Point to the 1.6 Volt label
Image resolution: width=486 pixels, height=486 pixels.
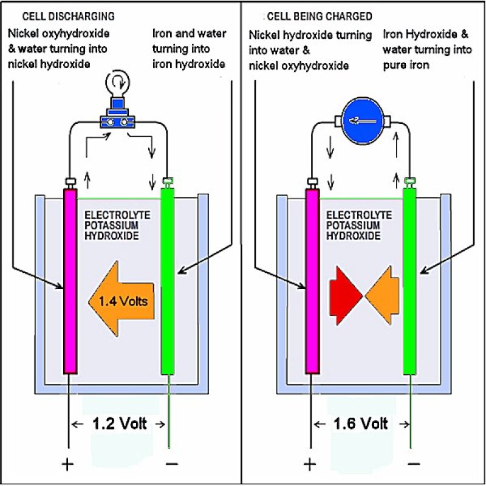point(361,424)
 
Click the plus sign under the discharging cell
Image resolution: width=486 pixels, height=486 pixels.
point(67,465)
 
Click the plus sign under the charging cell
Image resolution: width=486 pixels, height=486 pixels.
point(310,465)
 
